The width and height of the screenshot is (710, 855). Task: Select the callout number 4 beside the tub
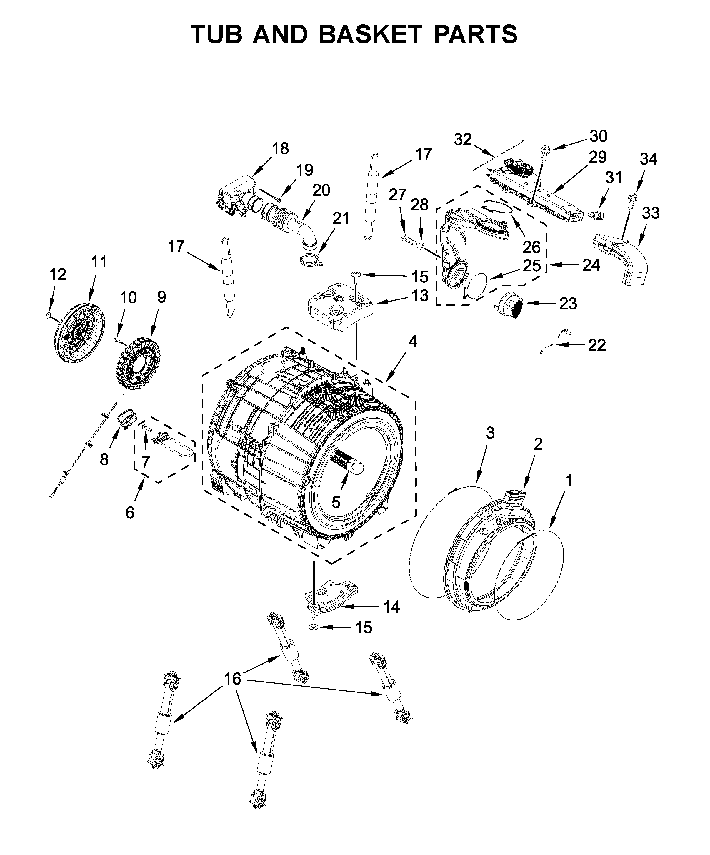pos(413,342)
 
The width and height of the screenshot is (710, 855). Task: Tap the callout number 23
pos(568,303)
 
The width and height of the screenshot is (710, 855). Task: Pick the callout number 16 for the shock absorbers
pos(232,679)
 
